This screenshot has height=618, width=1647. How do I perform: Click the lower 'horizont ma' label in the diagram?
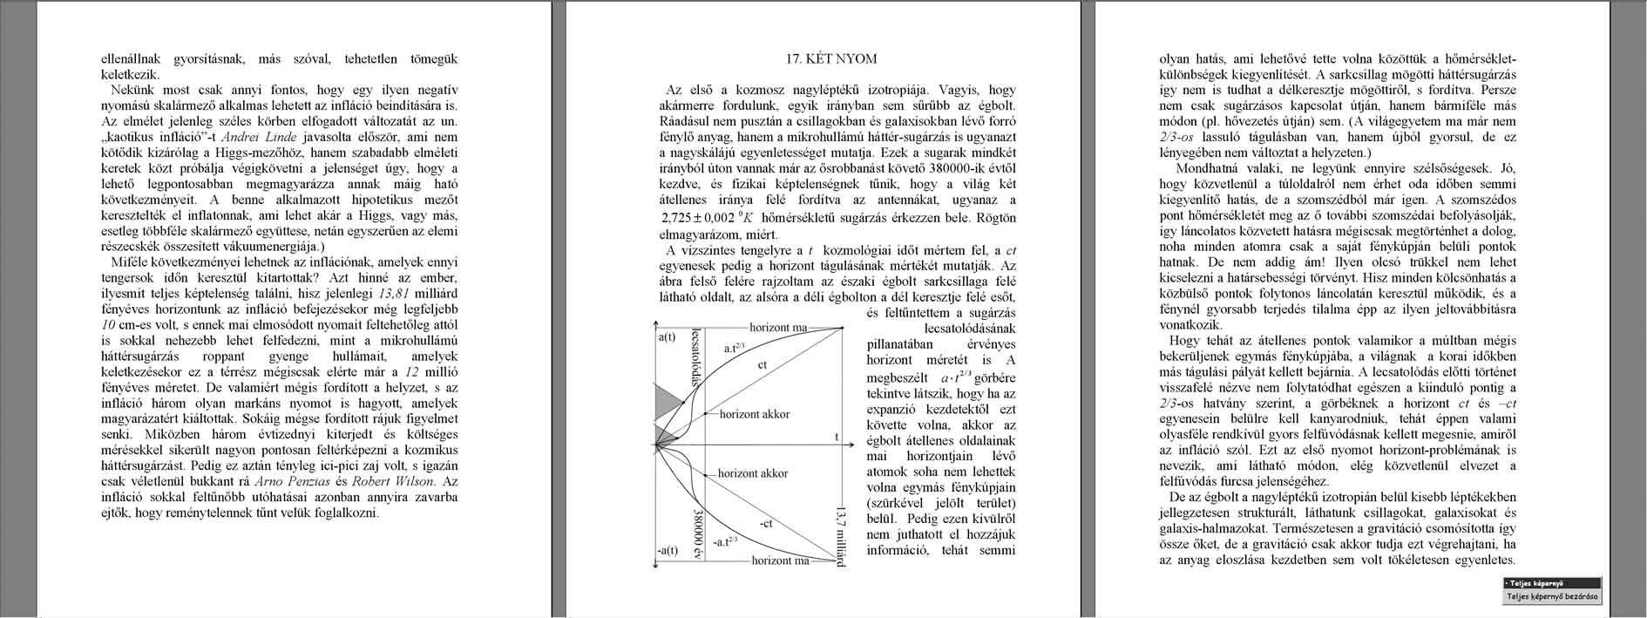(x=780, y=560)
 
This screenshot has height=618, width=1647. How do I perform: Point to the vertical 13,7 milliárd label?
(x=840, y=535)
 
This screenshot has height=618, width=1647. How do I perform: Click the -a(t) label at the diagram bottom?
(x=667, y=550)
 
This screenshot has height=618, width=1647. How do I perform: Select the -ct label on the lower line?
(x=766, y=524)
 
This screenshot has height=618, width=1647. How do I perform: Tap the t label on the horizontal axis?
(x=837, y=437)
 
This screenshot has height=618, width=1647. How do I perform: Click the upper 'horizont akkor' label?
(x=754, y=414)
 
